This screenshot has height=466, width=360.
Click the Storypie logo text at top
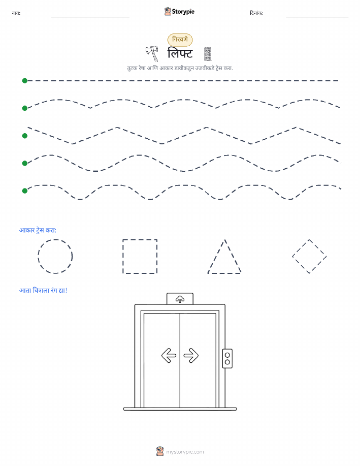click(x=183, y=12)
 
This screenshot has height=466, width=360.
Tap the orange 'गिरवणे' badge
click(x=180, y=40)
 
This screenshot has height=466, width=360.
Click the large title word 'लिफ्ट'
click(x=180, y=53)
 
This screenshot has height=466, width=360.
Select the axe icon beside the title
click(x=152, y=54)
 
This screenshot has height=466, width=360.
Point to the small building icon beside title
click(x=208, y=54)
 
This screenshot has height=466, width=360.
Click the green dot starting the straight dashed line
click(x=25, y=80)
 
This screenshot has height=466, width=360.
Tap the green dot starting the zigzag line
click(x=25, y=136)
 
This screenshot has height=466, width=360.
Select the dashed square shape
click(x=123, y=256)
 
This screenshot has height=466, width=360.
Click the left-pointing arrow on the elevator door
click(x=169, y=355)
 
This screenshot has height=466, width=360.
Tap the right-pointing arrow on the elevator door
click(x=191, y=355)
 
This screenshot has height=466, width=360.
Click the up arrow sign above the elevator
click(x=180, y=299)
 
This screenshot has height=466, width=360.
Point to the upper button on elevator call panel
click(x=227, y=355)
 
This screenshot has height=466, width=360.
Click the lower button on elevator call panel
click(x=227, y=362)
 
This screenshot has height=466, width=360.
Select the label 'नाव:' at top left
click(x=16, y=13)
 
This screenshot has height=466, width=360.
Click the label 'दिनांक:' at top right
click(x=256, y=13)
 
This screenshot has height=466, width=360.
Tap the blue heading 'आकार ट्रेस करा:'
click(x=38, y=230)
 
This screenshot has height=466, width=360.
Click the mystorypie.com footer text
click(x=185, y=452)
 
